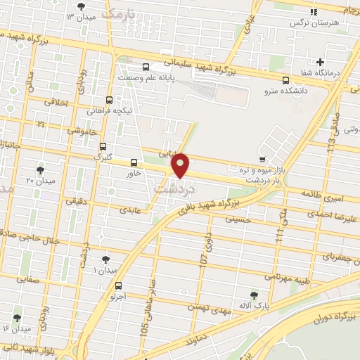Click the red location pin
pyautogui.click(x=181, y=165)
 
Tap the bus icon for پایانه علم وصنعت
pyautogui.click(x=146, y=68)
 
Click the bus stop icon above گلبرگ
pyautogui.click(x=103, y=147)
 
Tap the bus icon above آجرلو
pyautogui.click(x=117, y=286)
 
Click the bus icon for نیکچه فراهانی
pyautogui.click(x=109, y=100)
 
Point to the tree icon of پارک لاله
pyautogui.click(x=254, y=295)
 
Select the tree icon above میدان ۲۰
pyautogui.click(x=39, y=170)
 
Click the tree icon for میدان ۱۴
pyautogui.click(x=17, y=318)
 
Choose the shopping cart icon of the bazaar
pyautogui.click(x=262, y=159)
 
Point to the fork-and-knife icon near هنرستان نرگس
pyautogui.click(x=314, y=12)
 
